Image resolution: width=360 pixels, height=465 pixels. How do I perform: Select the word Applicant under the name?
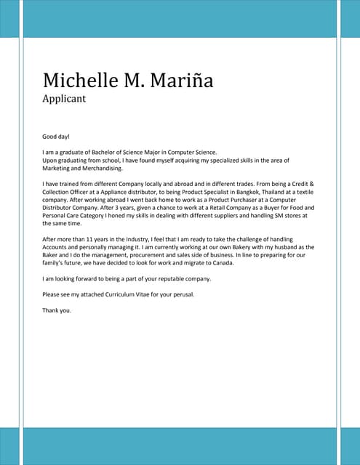[x=65, y=97]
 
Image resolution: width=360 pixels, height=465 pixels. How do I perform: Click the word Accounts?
[x=57, y=247]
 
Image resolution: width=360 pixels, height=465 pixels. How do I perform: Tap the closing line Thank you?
[x=57, y=310]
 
